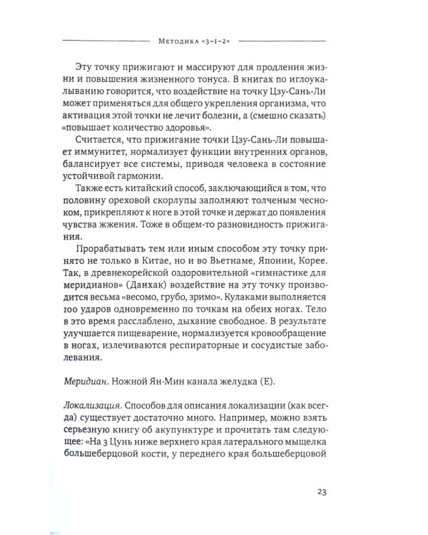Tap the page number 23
(x=342, y=491)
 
